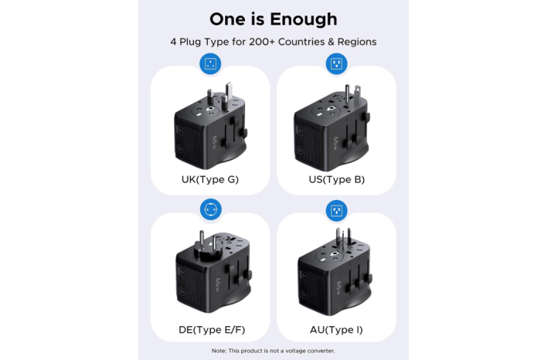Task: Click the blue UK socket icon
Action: pyautogui.click(x=210, y=64)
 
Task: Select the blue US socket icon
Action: pyautogui.click(x=336, y=64)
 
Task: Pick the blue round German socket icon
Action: pyautogui.click(x=211, y=209)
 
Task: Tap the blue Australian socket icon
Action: pyautogui.click(x=336, y=211)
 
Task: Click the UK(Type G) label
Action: pyautogui.click(x=210, y=179)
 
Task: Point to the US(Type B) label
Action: pyautogui.click(x=336, y=179)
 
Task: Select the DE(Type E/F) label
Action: pyautogui.click(x=212, y=330)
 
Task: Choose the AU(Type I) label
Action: pyautogui.click(x=336, y=330)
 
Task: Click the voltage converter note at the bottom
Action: pyautogui.click(x=273, y=351)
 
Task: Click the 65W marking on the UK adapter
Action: pyautogui.click(x=216, y=142)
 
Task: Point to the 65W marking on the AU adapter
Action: pyautogui.click(x=338, y=288)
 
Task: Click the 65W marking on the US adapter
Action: pyautogui.click(x=335, y=144)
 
